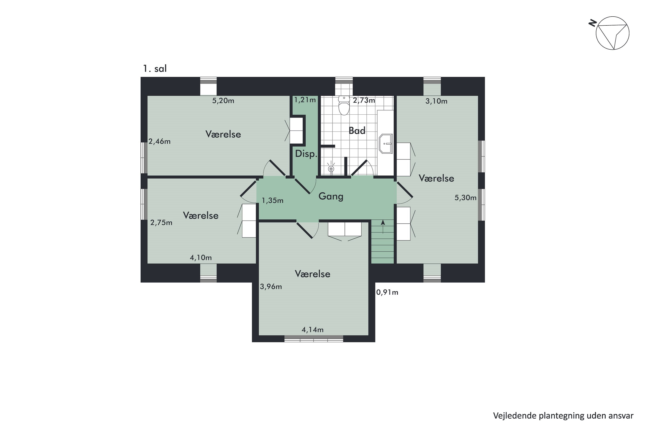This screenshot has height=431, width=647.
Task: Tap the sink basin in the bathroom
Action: click(386, 144)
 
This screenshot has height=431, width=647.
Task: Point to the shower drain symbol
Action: click(331, 169)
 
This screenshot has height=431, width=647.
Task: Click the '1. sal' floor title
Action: click(155, 69)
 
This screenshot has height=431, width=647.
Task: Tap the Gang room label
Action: click(331, 196)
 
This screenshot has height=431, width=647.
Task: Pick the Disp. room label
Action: click(306, 154)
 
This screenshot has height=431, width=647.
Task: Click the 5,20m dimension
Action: click(223, 101)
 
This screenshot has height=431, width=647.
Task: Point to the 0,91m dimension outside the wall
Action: click(387, 292)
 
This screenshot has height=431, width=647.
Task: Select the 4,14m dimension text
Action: click(313, 329)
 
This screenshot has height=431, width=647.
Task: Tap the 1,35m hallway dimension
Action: click(272, 200)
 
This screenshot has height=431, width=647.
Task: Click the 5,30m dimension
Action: click(465, 198)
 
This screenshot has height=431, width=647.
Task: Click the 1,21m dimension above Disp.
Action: click(305, 100)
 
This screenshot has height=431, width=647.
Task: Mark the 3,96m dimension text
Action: click(271, 287)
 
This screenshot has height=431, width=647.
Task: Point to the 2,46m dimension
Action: click(159, 141)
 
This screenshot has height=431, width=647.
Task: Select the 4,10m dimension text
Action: click(201, 258)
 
